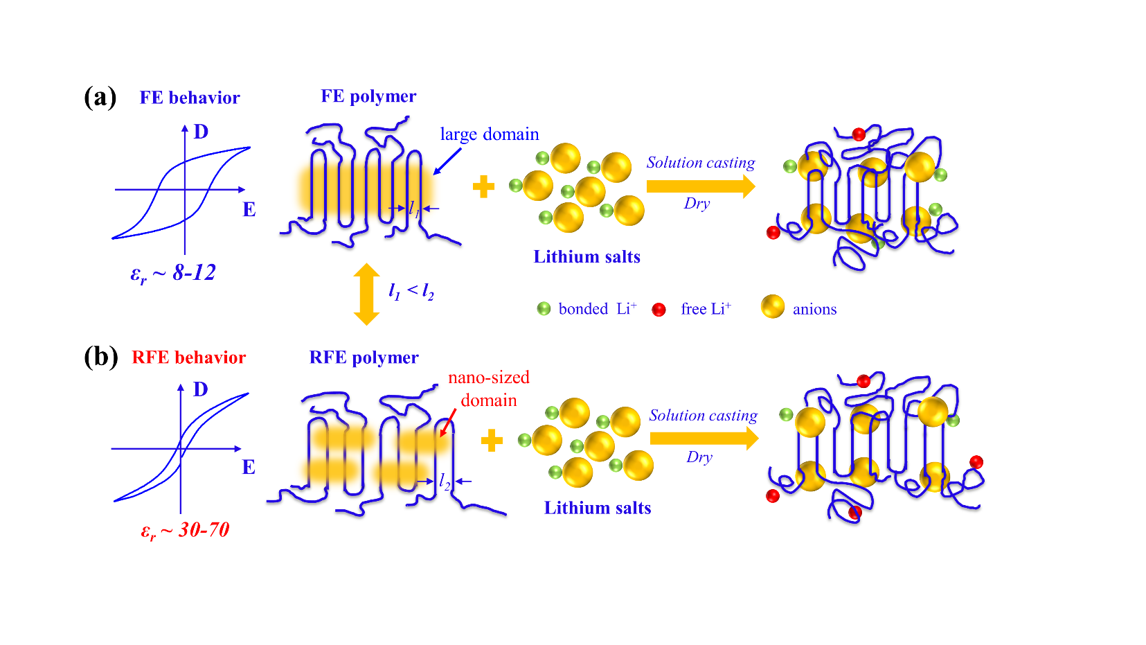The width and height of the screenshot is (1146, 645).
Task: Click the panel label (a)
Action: [100, 97]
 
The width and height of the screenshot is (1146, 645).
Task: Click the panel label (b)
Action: [100, 357]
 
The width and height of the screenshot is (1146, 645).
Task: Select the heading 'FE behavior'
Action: [190, 98]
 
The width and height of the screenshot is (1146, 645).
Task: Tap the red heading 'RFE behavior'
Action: [189, 357]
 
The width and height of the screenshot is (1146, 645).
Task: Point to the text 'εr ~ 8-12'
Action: [173, 273]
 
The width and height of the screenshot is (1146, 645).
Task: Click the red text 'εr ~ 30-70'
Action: [185, 531]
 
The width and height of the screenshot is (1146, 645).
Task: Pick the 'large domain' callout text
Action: [489, 134]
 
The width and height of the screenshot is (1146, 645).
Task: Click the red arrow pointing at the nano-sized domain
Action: [448, 421]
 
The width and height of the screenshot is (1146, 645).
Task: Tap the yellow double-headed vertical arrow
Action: [366, 294]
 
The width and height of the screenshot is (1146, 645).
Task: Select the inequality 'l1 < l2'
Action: [411, 292]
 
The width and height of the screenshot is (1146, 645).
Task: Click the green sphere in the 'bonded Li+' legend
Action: [544, 308]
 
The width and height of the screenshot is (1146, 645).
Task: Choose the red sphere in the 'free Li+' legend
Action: [659, 310]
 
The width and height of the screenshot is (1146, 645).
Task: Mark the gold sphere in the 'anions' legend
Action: [772, 306]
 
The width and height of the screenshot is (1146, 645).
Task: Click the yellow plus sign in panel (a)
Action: [483, 186]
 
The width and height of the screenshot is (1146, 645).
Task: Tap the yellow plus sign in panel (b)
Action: [492, 440]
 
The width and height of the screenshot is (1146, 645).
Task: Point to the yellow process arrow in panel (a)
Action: [700, 186]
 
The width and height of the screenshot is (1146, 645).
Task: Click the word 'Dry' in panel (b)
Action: [699, 457]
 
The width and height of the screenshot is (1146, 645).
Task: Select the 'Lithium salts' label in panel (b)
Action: [598, 508]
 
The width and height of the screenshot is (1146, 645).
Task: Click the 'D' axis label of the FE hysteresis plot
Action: [201, 132]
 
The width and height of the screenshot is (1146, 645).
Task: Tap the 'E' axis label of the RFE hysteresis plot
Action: [249, 468]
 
